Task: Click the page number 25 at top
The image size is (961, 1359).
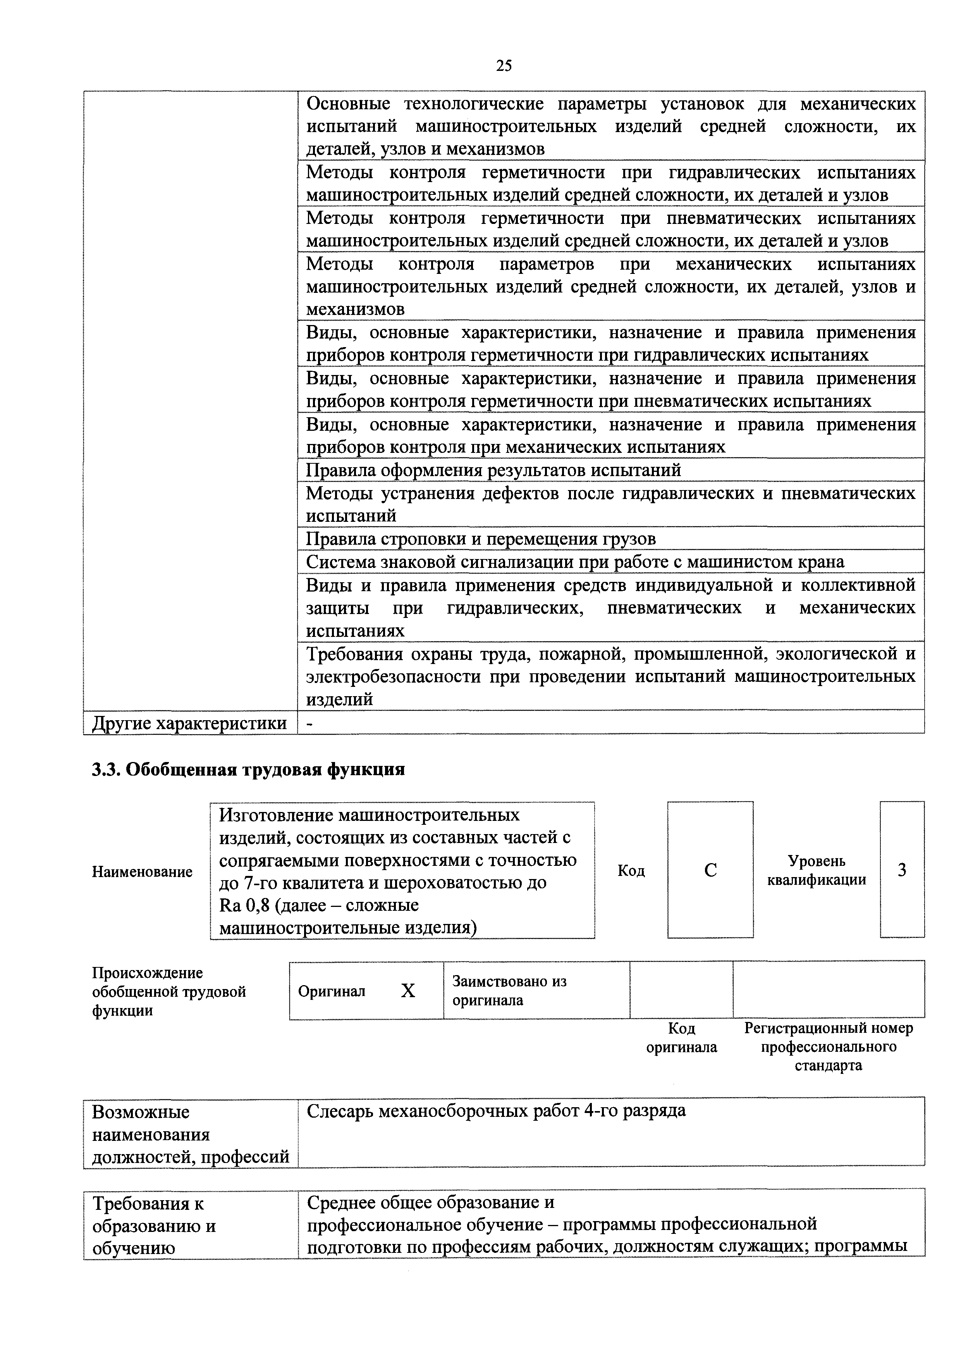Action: [x=504, y=66]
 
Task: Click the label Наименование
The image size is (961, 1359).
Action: [x=142, y=871]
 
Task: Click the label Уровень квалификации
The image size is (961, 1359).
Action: [x=817, y=870]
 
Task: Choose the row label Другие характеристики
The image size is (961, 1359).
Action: [x=189, y=723]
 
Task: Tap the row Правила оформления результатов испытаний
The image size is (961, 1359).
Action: [x=493, y=470]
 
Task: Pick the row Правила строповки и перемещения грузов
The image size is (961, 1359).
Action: [x=480, y=538]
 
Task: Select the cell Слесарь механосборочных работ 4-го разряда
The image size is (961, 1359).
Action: [x=496, y=1110]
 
